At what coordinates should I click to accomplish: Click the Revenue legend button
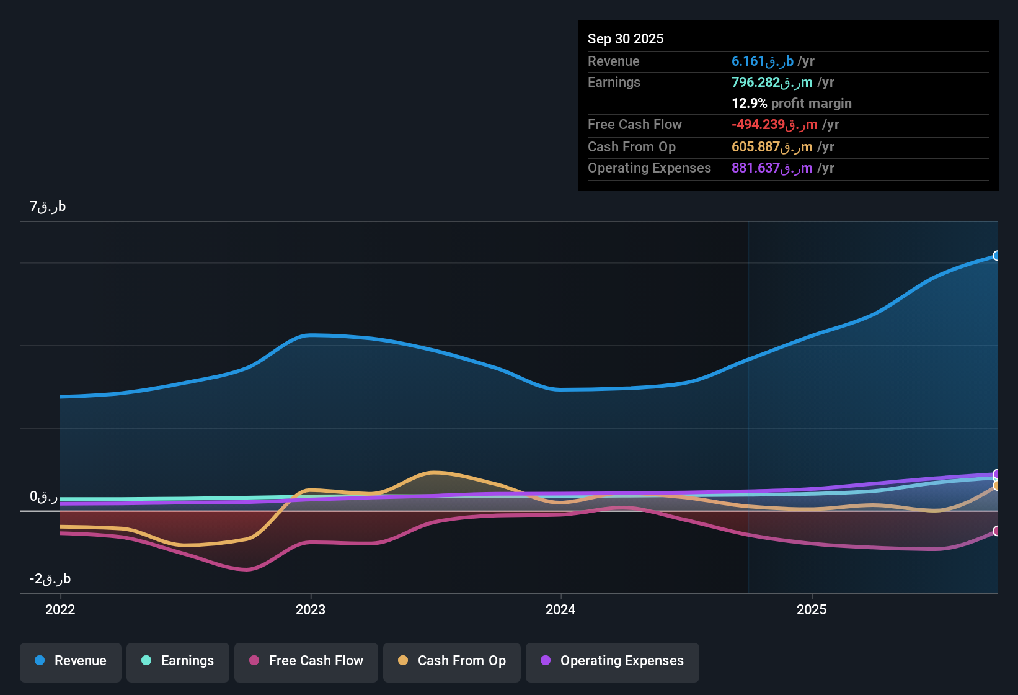tap(71, 661)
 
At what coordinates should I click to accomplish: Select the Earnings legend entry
tap(178, 661)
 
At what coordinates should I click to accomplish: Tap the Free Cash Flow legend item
tap(306, 661)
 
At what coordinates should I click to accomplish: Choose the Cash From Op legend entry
tap(452, 661)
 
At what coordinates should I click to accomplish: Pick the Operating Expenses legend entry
tap(613, 661)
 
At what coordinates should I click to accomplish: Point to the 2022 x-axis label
tap(60, 609)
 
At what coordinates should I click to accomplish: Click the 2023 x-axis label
tap(311, 609)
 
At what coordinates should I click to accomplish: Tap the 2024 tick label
tap(560, 609)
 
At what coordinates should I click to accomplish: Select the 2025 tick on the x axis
tap(812, 609)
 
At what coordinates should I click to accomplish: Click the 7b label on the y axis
tap(48, 207)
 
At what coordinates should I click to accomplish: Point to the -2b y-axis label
tap(50, 579)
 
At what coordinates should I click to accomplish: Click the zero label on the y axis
tap(43, 496)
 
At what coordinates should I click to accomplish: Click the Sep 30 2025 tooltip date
tap(626, 38)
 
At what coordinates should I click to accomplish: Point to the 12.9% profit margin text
tap(792, 104)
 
